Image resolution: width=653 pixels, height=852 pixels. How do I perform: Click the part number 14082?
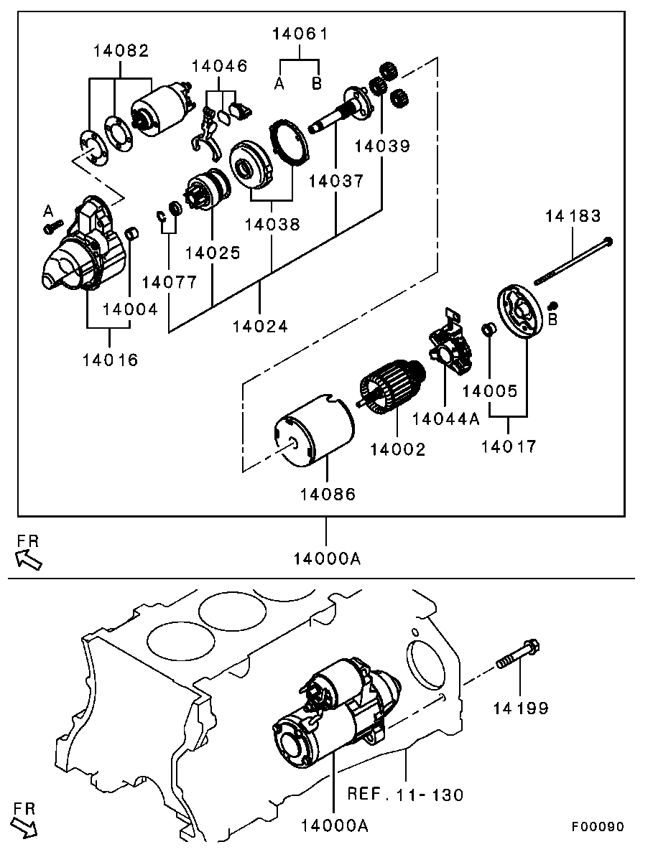pos(121,51)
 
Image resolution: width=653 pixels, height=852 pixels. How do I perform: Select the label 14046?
pos(219,66)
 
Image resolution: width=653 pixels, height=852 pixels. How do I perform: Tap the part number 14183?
pos(572,215)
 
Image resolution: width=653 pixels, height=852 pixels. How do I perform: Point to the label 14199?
pos(521,708)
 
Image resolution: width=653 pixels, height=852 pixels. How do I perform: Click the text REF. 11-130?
pos(405,795)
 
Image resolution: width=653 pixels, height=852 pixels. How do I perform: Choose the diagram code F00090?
pos(598,827)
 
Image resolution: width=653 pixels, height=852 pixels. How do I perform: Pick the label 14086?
pos(328,494)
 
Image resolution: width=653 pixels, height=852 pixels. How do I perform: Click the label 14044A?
pos(445,419)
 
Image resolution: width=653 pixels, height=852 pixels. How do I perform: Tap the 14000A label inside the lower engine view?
pos(335,825)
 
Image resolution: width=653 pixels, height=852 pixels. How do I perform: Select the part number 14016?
pos(109,360)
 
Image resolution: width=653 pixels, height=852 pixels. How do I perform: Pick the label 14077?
pos(170,282)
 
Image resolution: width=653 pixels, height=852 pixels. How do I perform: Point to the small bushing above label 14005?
pos(488,329)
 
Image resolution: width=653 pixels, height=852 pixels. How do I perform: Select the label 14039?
pos(381,146)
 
